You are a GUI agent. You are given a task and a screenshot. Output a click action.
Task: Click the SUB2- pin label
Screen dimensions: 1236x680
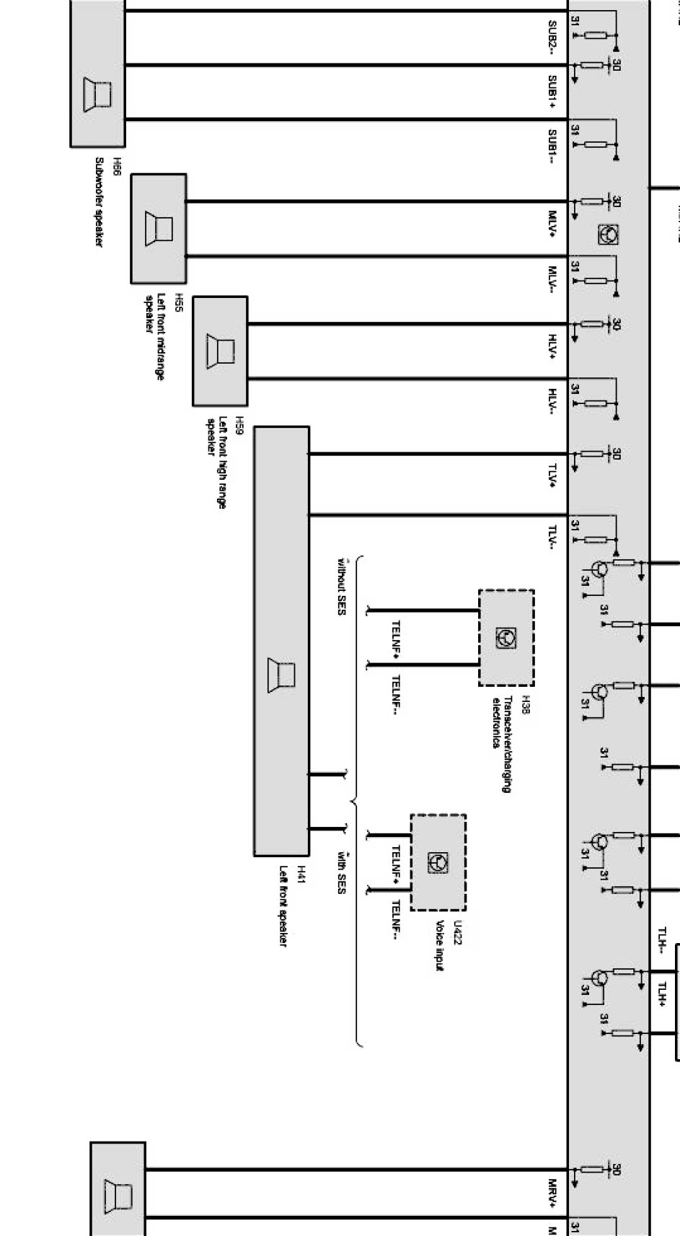(x=552, y=36)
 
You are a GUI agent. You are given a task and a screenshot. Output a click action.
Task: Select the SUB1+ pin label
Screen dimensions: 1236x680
(x=552, y=92)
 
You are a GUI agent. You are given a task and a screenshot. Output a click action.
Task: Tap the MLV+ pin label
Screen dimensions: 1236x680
(x=552, y=224)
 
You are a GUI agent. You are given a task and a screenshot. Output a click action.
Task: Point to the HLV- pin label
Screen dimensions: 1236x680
(x=552, y=402)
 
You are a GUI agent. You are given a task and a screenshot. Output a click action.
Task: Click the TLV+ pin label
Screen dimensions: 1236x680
(x=552, y=475)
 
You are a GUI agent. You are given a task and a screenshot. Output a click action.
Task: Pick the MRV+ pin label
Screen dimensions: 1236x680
(x=552, y=1191)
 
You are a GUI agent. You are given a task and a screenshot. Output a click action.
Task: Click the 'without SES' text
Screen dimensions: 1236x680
(x=341, y=586)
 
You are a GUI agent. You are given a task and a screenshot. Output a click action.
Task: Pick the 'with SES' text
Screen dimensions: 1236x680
(x=341, y=872)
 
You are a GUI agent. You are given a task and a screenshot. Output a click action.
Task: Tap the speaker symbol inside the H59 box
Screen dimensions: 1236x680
(x=221, y=351)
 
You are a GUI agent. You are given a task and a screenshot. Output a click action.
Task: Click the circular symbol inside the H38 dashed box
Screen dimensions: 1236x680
(x=506, y=637)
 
